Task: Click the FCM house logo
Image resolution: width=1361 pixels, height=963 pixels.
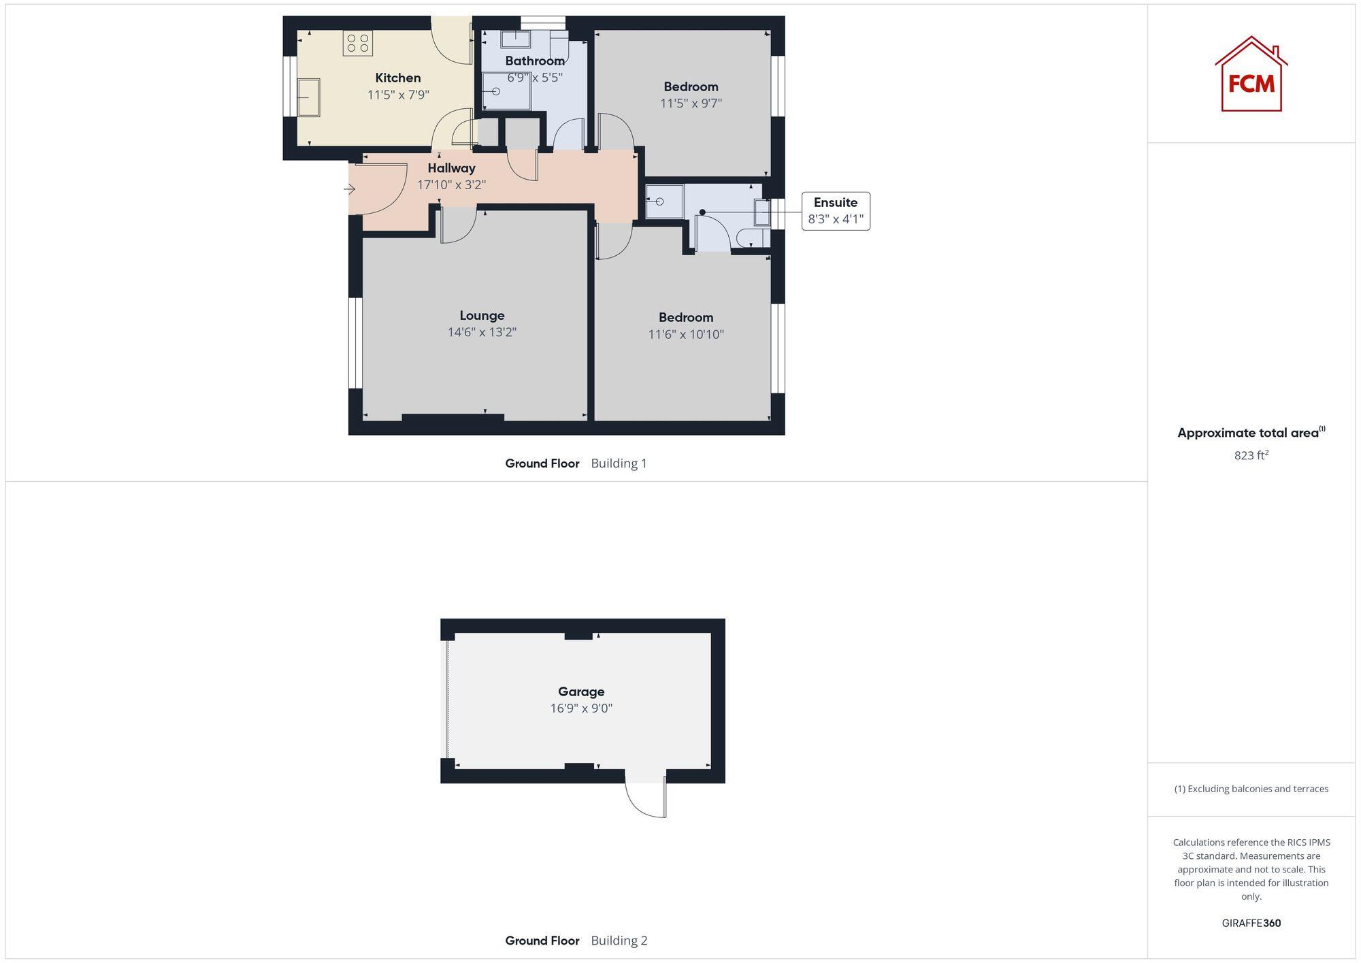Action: point(1251,75)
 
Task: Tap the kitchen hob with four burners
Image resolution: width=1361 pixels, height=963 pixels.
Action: point(357,44)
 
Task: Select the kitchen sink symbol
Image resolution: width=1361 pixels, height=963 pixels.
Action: point(308,97)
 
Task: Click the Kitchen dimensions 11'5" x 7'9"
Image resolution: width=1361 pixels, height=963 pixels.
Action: point(398,95)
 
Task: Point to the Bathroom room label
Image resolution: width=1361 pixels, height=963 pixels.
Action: point(534,61)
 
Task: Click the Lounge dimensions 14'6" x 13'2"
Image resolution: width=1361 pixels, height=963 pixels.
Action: point(482,332)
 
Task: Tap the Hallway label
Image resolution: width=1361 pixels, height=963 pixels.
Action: point(451,167)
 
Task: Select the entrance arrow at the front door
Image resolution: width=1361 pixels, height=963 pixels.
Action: point(350,189)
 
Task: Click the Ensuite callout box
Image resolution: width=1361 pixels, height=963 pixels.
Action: point(835,211)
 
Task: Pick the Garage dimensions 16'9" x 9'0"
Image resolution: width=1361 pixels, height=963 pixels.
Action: point(581,708)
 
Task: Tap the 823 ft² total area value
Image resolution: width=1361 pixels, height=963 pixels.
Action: point(1251,455)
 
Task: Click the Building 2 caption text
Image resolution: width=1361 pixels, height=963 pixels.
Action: point(619,940)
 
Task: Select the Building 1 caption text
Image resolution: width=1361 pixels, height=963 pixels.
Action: point(619,463)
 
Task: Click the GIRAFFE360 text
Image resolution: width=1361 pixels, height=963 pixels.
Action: point(1251,923)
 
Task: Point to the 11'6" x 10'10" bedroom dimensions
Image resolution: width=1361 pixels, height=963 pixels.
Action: point(685,334)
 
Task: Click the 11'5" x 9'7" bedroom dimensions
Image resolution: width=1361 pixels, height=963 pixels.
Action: point(691,103)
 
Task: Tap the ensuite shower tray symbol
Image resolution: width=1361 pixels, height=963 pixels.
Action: point(664,201)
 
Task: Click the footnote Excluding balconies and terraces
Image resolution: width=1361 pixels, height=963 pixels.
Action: point(1251,789)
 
